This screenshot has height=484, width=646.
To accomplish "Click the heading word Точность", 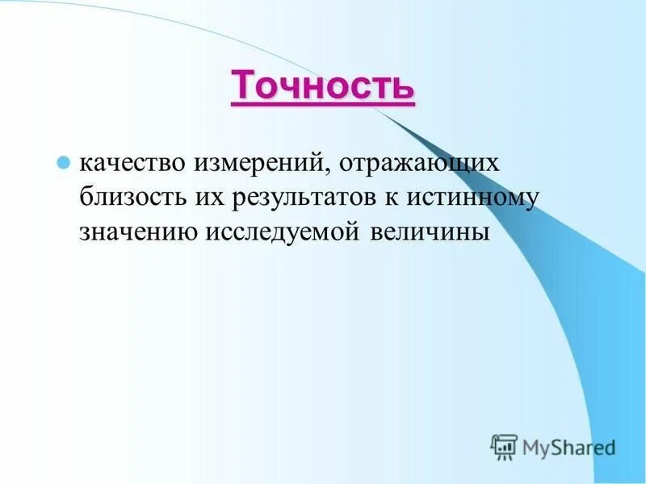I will [323, 86].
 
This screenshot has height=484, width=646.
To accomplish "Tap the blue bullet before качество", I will [61, 161].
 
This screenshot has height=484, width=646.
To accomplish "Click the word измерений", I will [258, 163].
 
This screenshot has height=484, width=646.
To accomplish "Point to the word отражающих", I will [413, 165].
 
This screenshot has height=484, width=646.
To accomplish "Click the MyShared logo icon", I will [504, 446].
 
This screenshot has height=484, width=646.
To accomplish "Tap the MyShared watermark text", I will [568, 446].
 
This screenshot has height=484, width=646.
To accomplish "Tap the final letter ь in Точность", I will [405, 86].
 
